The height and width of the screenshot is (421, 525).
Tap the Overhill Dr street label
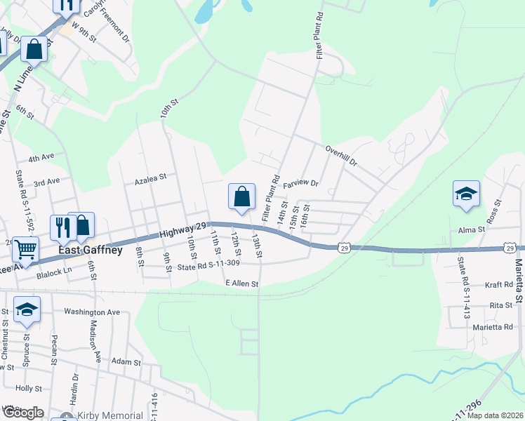point(342,155)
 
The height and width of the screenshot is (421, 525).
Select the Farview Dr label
point(300,184)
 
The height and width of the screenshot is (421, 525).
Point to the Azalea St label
point(150,178)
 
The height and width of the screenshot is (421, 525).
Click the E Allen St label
point(242,283)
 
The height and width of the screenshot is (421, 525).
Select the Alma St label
point(471,229)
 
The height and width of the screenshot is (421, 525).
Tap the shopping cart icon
point(25,249)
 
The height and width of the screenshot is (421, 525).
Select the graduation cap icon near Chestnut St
point(27,309)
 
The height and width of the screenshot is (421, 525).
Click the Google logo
point(22,413)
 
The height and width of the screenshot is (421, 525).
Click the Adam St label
point(127,363)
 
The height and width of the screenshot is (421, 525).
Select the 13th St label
point(257,246)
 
